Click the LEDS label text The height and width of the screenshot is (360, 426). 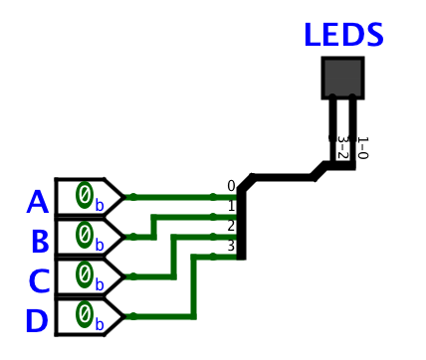coord(343,35)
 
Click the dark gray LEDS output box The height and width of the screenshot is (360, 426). coord(342,78)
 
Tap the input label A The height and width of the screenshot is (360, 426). coord(37,202)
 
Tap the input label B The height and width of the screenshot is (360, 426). coord(40,242)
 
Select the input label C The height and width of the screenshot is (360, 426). coord(38,281)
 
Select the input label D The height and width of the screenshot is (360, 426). coord(36,321)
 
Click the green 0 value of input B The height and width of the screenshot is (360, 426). coord(86,234)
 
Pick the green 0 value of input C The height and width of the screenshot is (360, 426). coord(86,273)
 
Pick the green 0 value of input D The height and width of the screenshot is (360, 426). coord(86,314)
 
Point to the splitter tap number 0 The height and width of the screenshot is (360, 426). coord(231,186)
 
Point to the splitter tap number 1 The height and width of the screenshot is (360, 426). coord(231,206)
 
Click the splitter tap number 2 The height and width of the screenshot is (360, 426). coord(231,226)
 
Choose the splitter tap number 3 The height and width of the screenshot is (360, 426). coord(231,246)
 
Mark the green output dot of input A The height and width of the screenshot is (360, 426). coord(132,197)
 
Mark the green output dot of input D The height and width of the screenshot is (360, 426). coord(132,317)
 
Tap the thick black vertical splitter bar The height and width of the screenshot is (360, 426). coord(241,224)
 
